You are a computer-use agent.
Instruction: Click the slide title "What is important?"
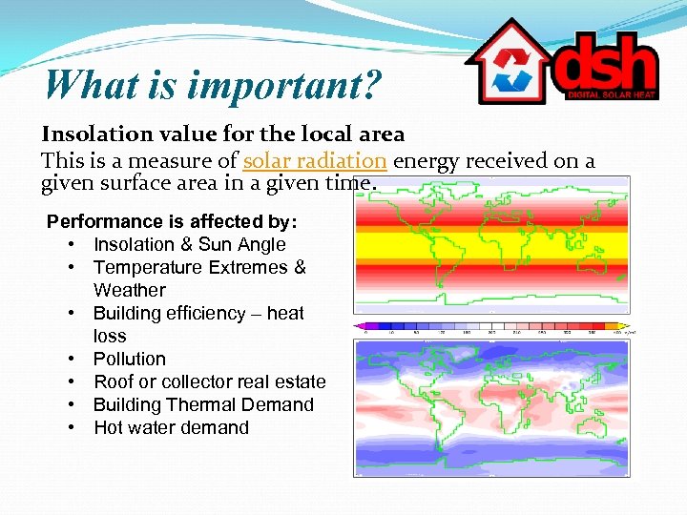212,85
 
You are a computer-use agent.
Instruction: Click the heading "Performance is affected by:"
172,222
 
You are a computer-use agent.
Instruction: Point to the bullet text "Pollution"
130,360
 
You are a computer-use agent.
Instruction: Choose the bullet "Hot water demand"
171,428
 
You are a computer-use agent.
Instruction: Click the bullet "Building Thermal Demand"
203,405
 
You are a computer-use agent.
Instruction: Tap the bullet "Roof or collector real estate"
210,382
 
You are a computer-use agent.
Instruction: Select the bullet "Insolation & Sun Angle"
190,245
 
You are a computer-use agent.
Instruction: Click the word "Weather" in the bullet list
130,291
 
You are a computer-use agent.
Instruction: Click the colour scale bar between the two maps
491,326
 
